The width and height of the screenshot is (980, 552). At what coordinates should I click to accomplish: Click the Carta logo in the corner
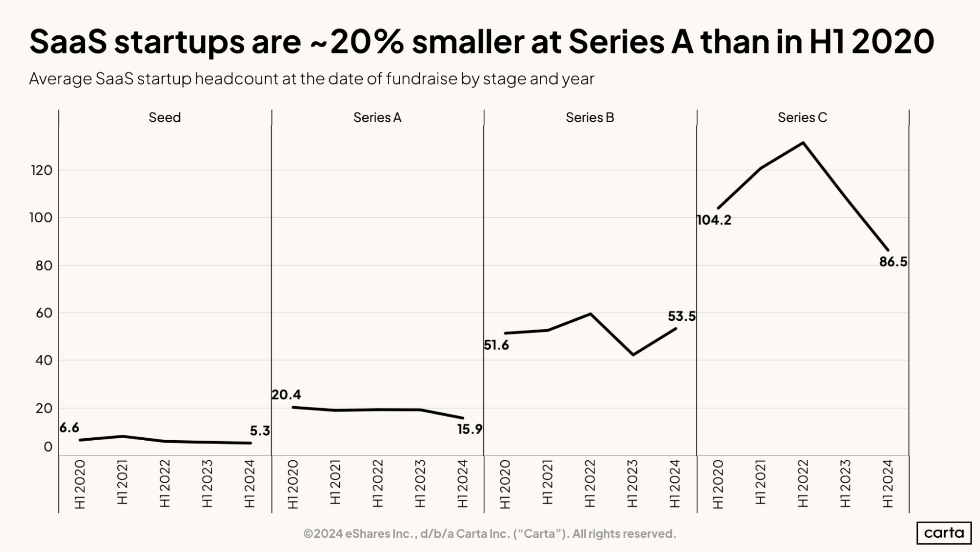click(x=944, y=533)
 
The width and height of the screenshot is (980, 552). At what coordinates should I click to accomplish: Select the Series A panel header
click(x=377, y=118)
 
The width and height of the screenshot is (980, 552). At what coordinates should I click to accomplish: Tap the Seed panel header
click(x=165, y=118)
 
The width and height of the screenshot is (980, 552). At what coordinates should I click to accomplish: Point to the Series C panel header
click(x=802, y=118)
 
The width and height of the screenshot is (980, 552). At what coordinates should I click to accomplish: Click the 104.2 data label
click(x=714, y=220)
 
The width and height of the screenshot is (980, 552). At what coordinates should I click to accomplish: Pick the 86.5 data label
click(x=893, y=262)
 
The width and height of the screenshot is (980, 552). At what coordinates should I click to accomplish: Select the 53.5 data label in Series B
click(x=681, y=316)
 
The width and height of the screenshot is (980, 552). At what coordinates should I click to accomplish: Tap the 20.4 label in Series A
click(x=286, y=395)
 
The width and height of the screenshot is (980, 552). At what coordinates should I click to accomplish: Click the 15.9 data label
click(x=470, y=430)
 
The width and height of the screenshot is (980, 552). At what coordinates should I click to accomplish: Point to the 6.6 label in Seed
click(x=69, y=428)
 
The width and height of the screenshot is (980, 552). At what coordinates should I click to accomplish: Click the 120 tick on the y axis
click(x=41, y=171)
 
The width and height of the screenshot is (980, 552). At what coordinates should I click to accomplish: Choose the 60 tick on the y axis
click(x=44, y=313)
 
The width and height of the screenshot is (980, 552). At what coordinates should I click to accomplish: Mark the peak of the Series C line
click(x=803, y=143)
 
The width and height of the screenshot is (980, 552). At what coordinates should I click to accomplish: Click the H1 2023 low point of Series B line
click(x=633, y=355)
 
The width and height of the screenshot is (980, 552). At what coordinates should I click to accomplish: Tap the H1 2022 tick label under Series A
click(x=377, y=483)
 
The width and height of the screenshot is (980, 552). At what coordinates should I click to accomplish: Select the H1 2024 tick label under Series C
click(x=888, y=483)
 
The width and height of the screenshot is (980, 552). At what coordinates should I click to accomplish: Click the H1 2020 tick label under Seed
click(x=80, y=483)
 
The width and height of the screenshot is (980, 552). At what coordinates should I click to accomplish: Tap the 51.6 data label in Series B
click(x=496, y=345)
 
